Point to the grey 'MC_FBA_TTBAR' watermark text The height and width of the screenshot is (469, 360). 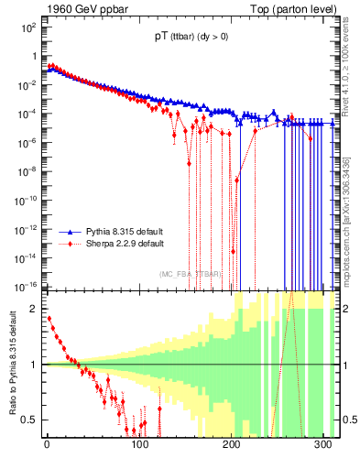[190, 274]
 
